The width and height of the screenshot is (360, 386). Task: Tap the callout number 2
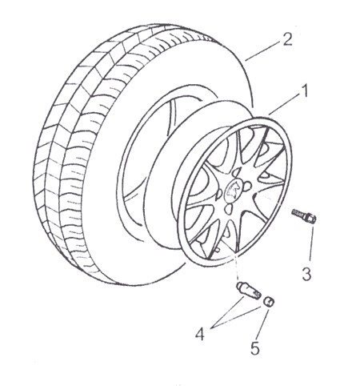click(x=287, y=39)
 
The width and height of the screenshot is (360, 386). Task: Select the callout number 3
click(x=306, y=274)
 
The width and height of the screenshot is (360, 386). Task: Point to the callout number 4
click(x=200, y=334)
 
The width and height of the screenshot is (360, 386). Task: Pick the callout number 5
click(x=254, y=348)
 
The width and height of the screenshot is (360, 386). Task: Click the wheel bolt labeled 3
click(x=304, y=215)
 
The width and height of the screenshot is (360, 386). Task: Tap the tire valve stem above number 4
click(x=248, y=292)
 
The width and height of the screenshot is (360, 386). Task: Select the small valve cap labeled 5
click(x=269, y=302)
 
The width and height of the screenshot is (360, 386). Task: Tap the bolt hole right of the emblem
click(x=247, y=186)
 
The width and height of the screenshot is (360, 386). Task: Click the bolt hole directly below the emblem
click(x=229, y=209)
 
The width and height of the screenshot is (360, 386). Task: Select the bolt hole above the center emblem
click(x=236, y=174)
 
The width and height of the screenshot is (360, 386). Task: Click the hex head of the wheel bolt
click(x=311, y=218)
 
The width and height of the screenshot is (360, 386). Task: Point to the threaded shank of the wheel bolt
click(x=298, y=213)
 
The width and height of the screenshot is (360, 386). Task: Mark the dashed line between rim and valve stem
click(x=235, y=266)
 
